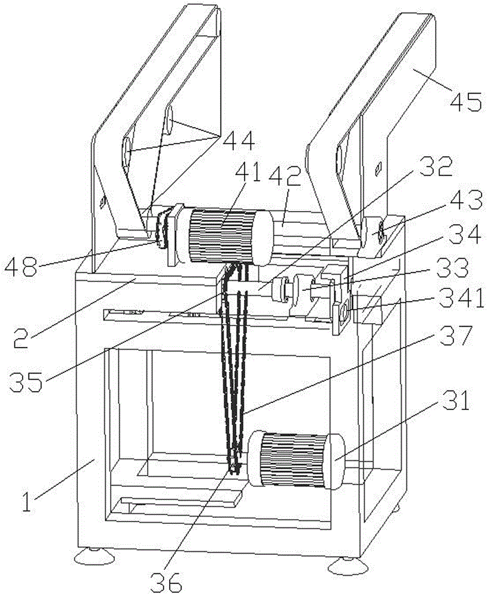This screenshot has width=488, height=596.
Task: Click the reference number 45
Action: tap(466, 101)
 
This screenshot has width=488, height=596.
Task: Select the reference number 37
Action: tap(456, 335)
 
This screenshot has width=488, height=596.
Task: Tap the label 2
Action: tap(21, 339)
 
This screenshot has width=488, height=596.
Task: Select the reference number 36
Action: tap(166, 582)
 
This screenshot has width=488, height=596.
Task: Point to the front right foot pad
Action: tap(348, 566)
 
